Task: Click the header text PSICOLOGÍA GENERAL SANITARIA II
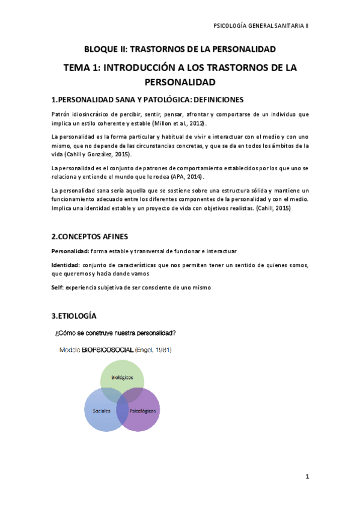pos(261,26)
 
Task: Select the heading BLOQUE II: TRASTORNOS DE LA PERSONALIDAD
pos(180,49)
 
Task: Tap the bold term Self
pos(56,287)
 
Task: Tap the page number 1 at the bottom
pos(307,477)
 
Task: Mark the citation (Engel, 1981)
pos(153,349)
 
